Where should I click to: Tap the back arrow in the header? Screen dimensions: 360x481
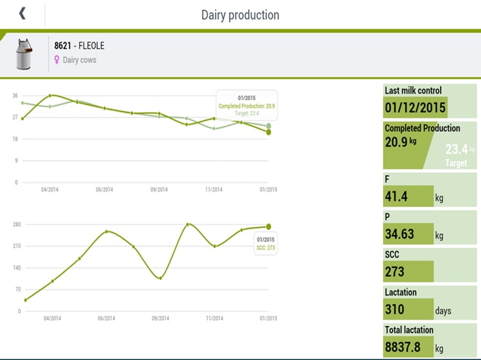click(22, 13)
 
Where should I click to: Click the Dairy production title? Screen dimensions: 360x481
click(240, 14)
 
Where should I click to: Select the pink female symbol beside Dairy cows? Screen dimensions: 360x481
click(56, 60)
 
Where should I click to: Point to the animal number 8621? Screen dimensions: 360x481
click(63, 46)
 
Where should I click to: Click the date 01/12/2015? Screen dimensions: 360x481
click(415, 106)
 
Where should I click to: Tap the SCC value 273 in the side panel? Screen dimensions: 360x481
click(395, 272)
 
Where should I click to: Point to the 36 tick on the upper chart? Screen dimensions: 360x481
click(15, 95)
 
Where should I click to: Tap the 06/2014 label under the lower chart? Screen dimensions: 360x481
click(105, 318)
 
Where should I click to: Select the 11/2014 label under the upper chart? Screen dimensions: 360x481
click(214, 190)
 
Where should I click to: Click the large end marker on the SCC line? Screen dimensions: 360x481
click(269, 226)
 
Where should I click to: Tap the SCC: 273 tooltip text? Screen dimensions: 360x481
click(266, 247)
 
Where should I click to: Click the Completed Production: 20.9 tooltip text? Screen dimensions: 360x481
click(247, 106)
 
